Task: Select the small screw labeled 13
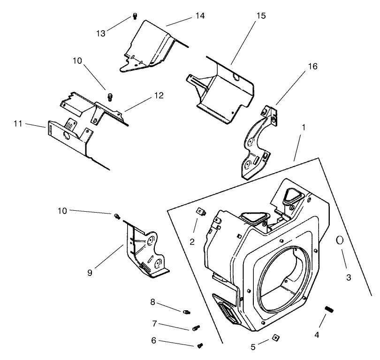134,16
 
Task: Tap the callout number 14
200,16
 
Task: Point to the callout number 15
261,16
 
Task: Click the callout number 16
312,66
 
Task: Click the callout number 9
90,272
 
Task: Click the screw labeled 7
196,328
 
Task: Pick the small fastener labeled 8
187,311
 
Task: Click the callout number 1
304,127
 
